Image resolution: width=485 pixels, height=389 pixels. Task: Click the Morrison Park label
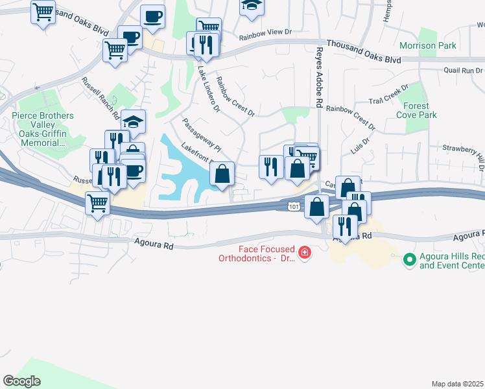pyautogui.click(x=427, y=45)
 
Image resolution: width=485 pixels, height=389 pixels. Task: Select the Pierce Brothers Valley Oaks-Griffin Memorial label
pyautogui.click(x=43, y=129)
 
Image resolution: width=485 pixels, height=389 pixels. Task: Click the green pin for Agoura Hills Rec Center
pyautogui.click(x=408, y=260)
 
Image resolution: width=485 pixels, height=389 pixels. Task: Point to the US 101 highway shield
pyautogui.click(x=294, y=206)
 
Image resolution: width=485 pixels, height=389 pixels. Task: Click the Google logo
pyautogui.click(x=21, y=381)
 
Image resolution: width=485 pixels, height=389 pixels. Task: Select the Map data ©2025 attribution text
pyautogui.click(x=458, y=384)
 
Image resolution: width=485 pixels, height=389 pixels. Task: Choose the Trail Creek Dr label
pyautogui.click(x=388, y=95)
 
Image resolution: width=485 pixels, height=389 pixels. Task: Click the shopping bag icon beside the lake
pyautogui.click(x=222, y=174)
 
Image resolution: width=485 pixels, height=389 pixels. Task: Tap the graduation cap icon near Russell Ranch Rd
pyautogui.click(x=133, y=121)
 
